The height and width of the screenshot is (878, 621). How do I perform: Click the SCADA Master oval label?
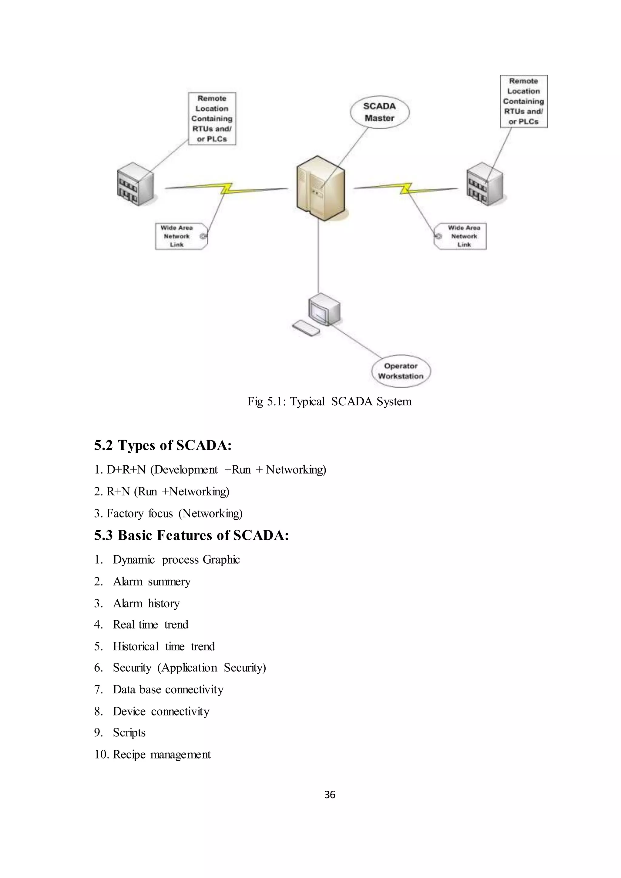pyautogui.click(x=379, y=112)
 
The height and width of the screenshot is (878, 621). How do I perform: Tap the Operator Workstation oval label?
pyautogui.click(x=401, y=371)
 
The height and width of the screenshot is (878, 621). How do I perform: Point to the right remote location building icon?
pyautogui.click(x=485, y=184)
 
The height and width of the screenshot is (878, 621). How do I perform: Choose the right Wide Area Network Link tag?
pyautogui.click(x=461, y=236)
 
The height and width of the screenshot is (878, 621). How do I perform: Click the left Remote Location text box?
pyautogui.click(x=212, y=119)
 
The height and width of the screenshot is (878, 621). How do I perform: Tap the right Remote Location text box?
pyautogui.click(x=523, y=101)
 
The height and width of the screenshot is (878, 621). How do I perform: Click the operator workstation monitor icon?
pyautogui.click(x=324, y=309)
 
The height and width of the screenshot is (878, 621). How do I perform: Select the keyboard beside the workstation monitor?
pyautogui.click(x=306, y=328)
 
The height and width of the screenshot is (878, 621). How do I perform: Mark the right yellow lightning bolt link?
pyautogui.click(x=406, y=188)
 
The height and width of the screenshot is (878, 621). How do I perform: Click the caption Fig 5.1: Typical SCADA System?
pyautogui.click(x=329, y=401)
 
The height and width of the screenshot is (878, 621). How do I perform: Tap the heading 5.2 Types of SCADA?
pyautogui.click(x=163, y=445)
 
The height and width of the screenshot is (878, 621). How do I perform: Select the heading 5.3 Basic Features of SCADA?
pyautogui.click(x=191, y=535)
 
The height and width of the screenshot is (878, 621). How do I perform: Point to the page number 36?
pyautogui.click(x=330, y=795)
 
